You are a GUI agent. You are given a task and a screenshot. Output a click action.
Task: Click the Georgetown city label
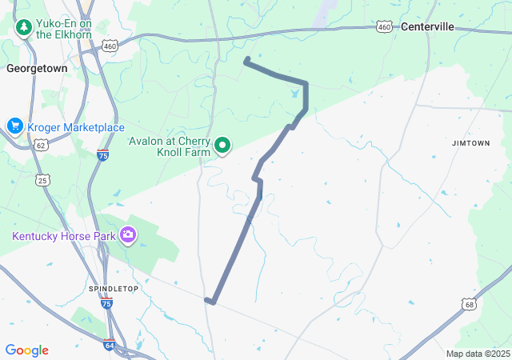click(36, 69)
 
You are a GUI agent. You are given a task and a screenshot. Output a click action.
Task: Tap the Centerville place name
click(427, 26)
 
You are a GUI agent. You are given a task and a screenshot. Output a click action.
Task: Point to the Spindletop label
click(110, 288)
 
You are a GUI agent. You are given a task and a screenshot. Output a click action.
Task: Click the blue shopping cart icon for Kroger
click(14, 126)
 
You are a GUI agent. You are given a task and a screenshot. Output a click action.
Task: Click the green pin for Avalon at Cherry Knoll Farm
click(222, 146)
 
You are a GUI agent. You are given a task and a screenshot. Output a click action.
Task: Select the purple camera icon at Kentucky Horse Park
click(128, 234)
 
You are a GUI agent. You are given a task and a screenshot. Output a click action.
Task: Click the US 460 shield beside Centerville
click(384, 27)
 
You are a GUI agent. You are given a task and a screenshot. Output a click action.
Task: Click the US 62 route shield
click(41, 145)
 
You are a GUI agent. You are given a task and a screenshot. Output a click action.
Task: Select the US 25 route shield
click(42, 179)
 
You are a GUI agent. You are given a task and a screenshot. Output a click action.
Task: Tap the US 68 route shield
click(469, 304)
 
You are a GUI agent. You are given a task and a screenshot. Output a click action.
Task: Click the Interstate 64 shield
click(109, 345)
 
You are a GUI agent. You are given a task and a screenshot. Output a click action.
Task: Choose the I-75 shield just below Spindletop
click(106, 304)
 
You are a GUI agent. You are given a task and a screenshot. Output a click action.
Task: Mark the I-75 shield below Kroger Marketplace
click(102, 154)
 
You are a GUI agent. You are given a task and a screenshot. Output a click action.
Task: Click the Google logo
click(26, 350)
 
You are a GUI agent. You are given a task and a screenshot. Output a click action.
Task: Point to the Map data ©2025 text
click(478, 354)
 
